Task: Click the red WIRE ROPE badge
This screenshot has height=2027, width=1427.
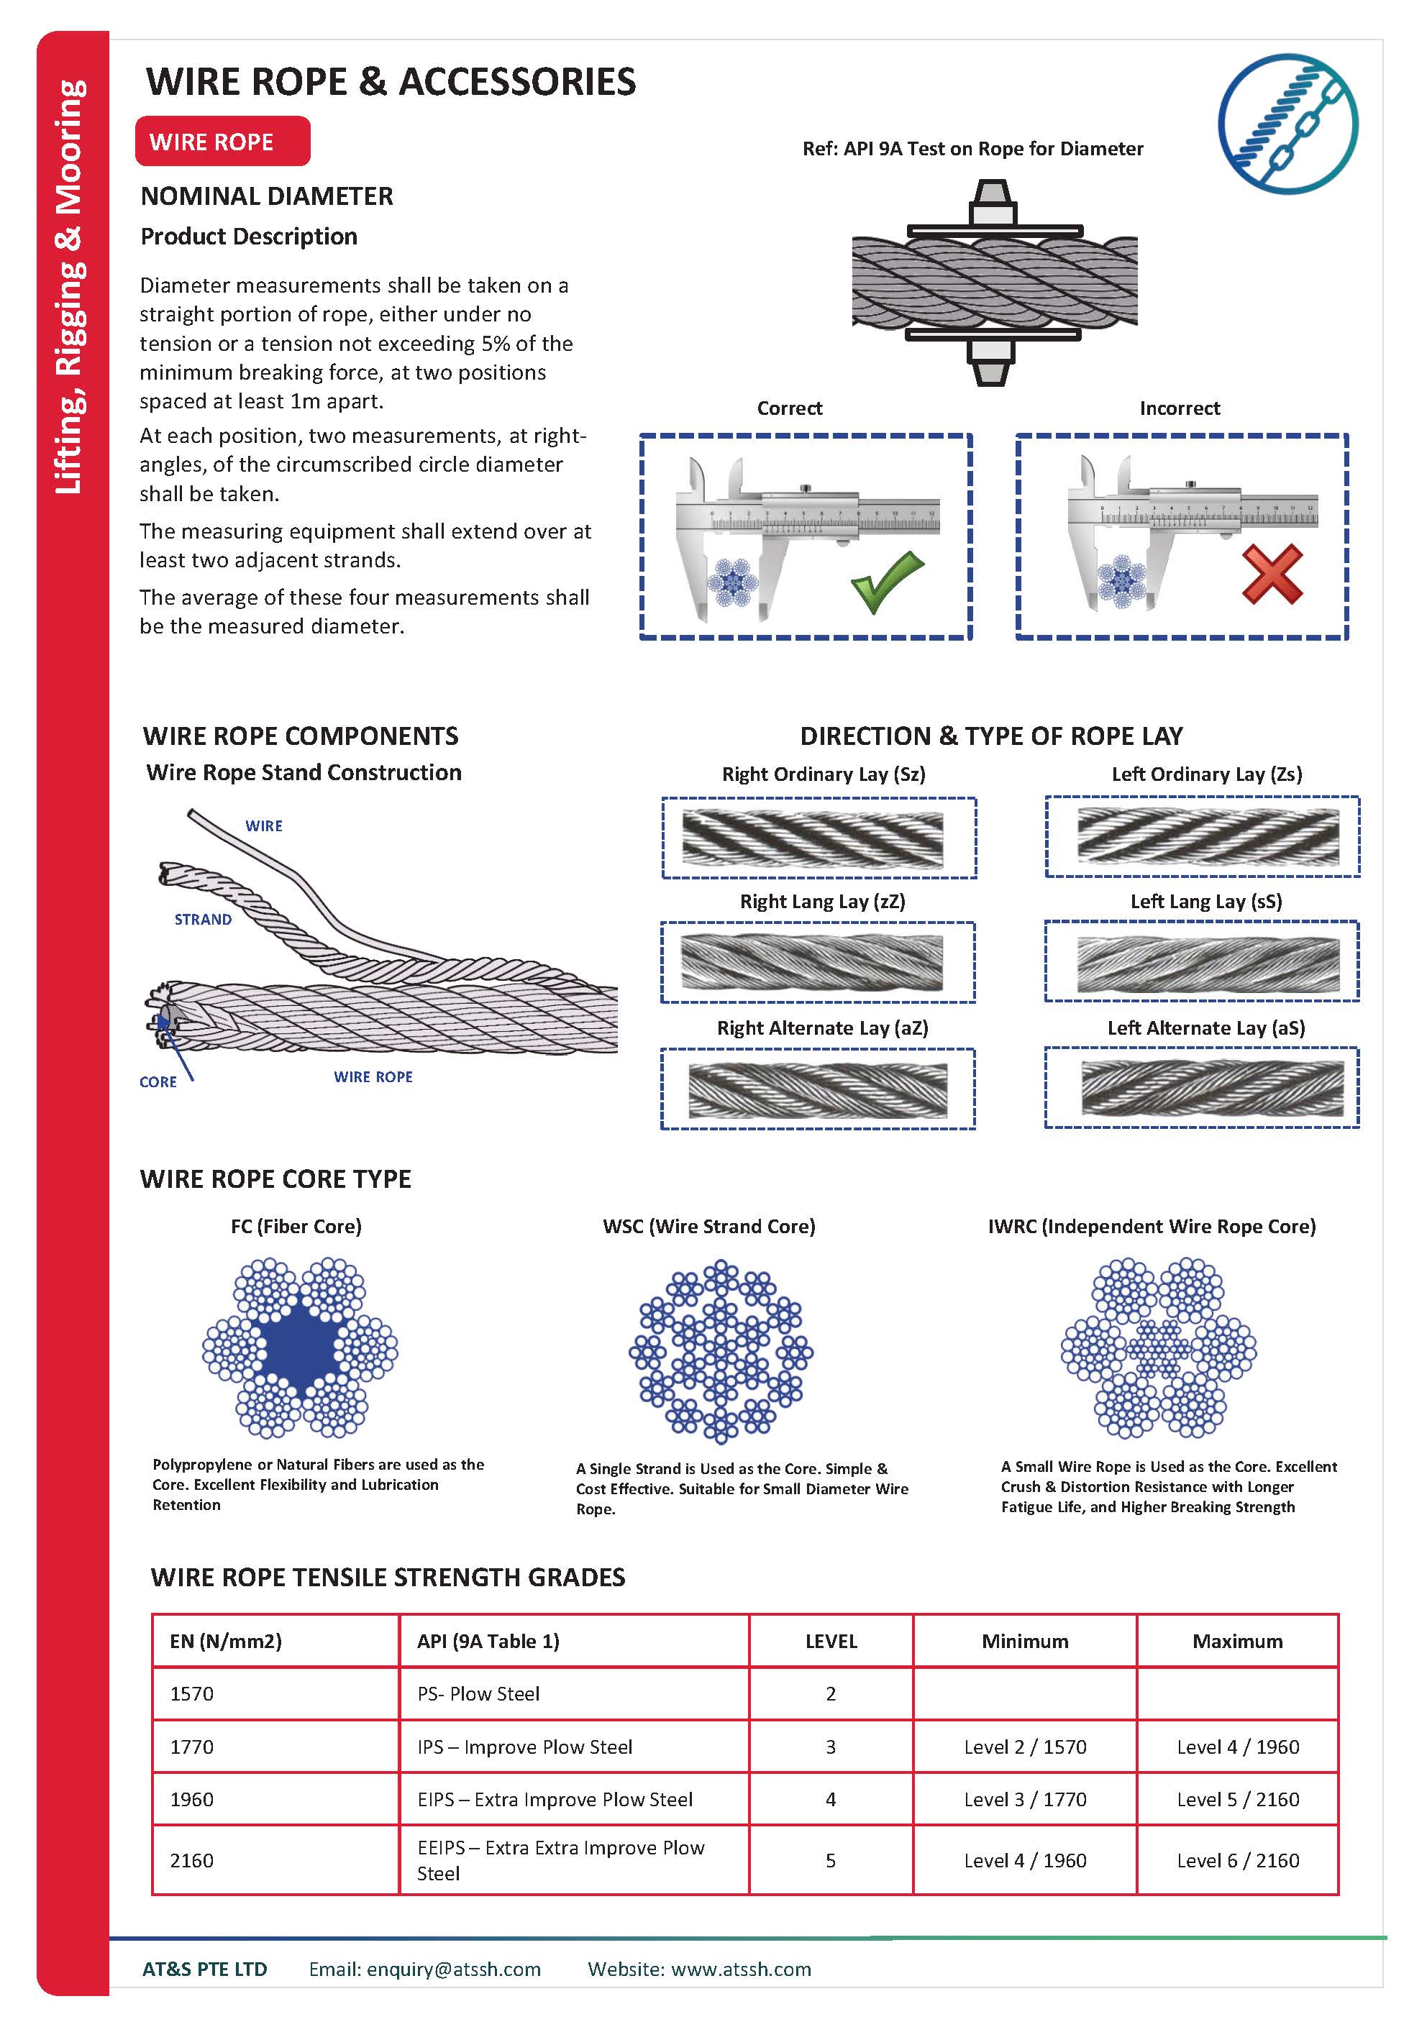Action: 222,141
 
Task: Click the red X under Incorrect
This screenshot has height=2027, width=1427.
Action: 1272,574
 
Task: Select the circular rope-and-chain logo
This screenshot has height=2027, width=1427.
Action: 1287,124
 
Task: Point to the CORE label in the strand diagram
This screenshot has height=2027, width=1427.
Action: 158,1081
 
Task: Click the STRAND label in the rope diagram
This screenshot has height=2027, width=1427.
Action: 203,919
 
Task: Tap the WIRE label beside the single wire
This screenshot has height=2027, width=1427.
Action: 264,825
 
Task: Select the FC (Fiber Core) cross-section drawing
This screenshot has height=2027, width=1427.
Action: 300,1349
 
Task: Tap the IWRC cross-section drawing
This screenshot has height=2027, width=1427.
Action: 1158,1349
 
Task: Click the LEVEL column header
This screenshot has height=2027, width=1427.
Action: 830,1641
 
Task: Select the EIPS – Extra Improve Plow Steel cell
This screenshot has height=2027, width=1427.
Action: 555,1799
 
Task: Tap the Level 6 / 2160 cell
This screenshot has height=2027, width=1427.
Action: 1237,1860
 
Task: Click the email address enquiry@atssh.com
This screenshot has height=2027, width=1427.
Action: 453,1969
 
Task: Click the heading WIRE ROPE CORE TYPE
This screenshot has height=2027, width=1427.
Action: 275,1179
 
